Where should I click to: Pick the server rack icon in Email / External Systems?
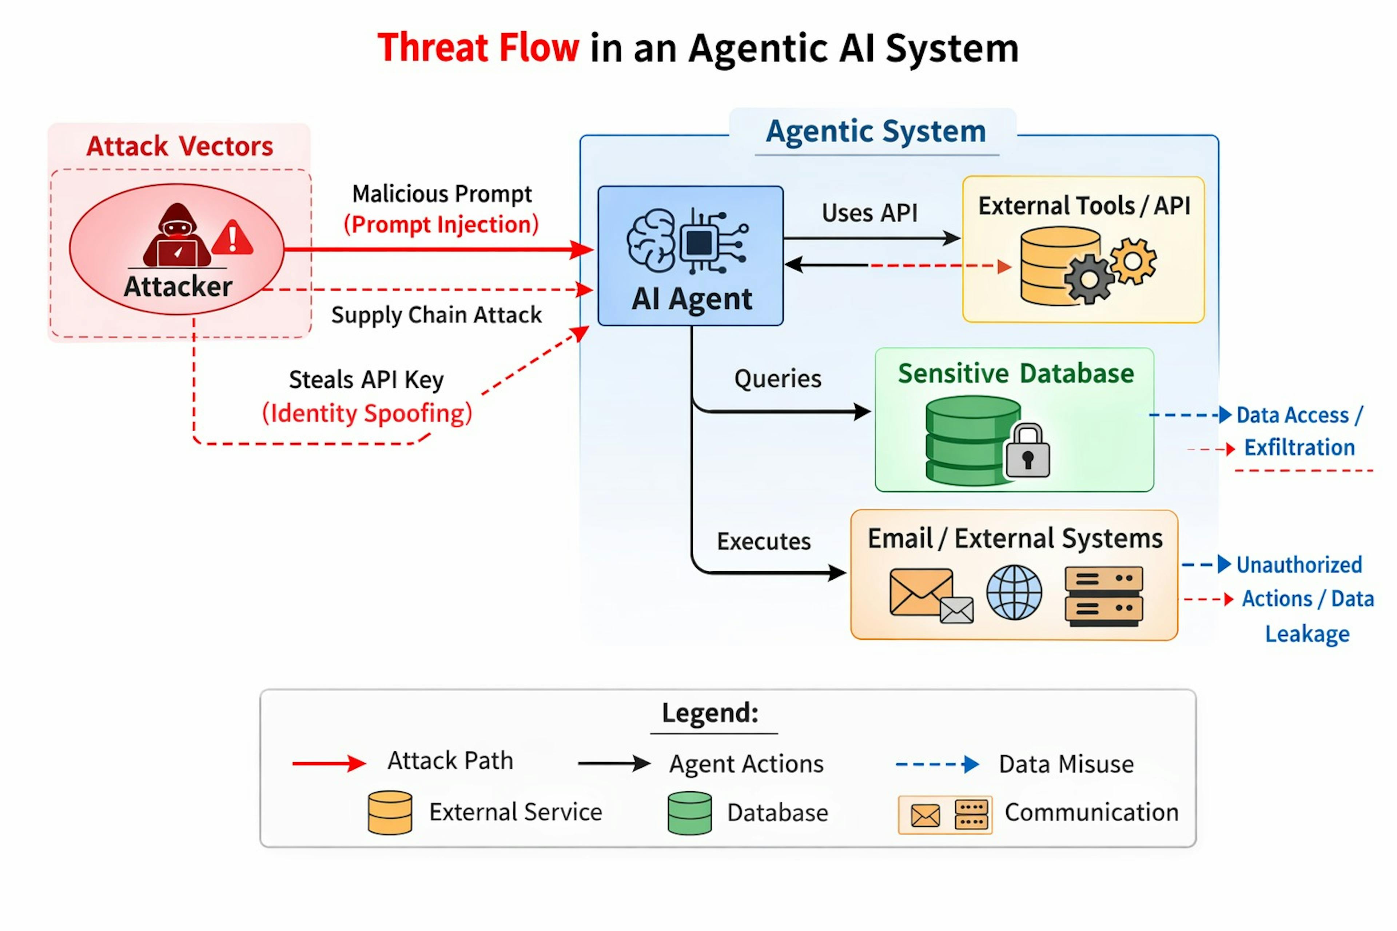(x=1103, y=596)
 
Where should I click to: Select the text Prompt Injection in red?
(x=441, y=224)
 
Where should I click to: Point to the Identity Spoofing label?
(x=367, y=413)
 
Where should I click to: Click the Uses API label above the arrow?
(x=869, y=212)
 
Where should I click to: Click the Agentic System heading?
(x=876, y=131)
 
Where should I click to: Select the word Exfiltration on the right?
(x=1299, y=447)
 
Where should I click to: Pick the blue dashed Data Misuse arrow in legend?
(x=937, y=764)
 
